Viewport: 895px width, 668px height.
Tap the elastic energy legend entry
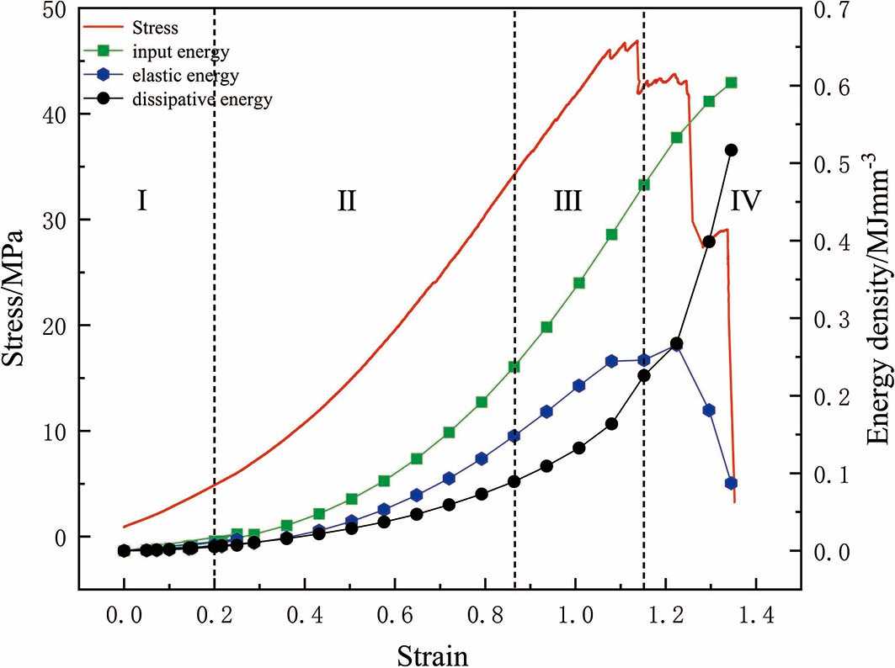184,77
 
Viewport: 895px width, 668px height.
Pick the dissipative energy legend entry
201,100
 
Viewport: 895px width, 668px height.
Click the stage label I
142,200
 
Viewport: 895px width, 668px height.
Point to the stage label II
346,200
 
